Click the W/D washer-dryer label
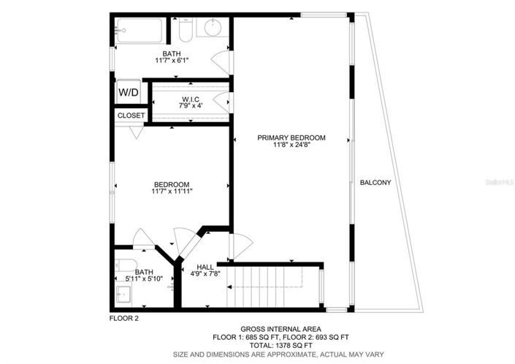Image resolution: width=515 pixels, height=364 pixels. (129, 93)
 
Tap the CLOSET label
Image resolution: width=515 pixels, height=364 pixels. (131, 115)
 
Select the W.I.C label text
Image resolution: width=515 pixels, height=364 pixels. (190, 99)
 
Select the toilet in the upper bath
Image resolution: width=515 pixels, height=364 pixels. (185, 30)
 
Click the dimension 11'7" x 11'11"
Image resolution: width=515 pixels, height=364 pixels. (172, 192)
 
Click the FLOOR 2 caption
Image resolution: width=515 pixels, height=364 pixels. (123, 318)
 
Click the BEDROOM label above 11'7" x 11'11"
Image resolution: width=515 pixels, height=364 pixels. (172, 184)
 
